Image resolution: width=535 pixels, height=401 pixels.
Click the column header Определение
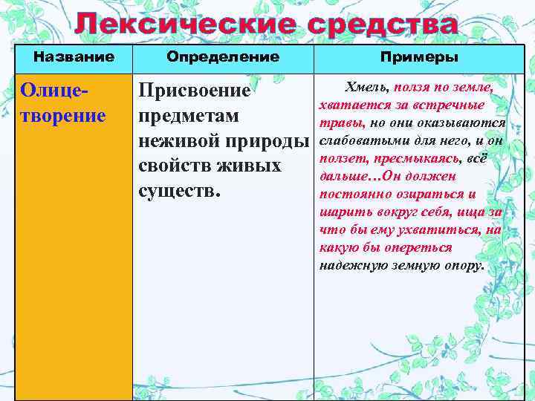click(223, 56)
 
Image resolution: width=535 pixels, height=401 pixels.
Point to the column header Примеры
click(419, 57)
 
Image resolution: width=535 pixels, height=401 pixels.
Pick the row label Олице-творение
click(64, 103)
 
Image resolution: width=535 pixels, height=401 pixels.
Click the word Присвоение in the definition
click(195, 91)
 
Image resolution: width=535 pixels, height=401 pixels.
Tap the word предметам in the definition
click(189, 116)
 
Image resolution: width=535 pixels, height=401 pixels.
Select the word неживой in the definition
click(176, 141)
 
